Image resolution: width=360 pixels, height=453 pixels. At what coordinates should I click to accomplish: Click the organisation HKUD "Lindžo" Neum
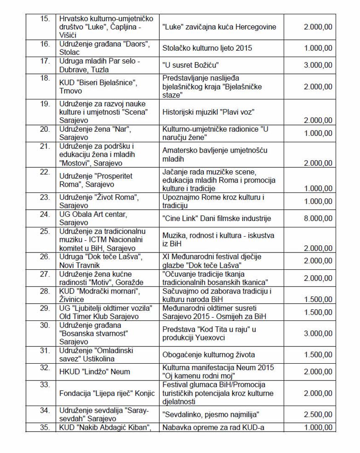(x=95, y=371)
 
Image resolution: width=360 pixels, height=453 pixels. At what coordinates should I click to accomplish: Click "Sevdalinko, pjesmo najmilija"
(x=211, y=415)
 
